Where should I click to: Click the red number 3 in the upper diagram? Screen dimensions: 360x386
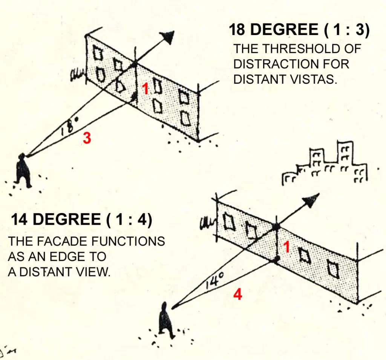pos(87,138)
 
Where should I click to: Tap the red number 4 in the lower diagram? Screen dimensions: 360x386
pos(237,294)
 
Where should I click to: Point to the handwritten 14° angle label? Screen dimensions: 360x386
pos(215,281)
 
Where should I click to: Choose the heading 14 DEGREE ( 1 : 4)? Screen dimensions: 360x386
pos(81,219)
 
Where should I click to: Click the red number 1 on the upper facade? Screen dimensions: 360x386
pos(146,89)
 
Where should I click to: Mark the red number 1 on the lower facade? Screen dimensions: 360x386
pos(286,247)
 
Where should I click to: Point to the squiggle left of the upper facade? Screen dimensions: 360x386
pos(77,75)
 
